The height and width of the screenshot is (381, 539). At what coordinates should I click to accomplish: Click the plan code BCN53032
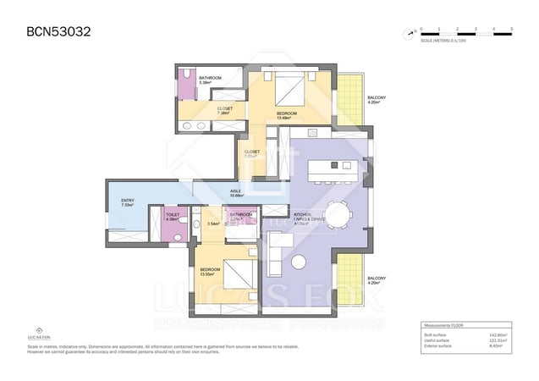(x=52, y=32)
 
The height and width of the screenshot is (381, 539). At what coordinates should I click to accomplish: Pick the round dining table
(x=338, y=215)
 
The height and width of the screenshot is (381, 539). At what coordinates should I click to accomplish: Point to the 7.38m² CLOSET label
(x=224, y=111)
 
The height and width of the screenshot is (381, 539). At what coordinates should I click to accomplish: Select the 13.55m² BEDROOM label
(x=210, y=272)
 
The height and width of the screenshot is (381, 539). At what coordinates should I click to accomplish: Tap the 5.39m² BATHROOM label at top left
(x=210, y=80)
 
